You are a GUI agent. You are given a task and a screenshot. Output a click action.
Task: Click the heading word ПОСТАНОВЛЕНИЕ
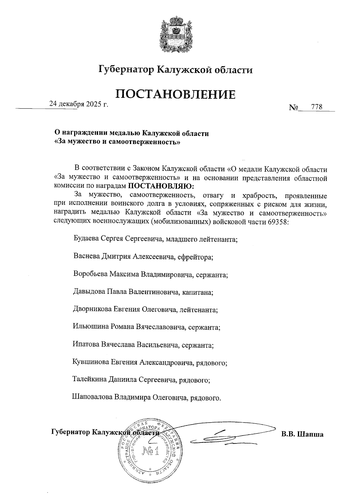point(175,94)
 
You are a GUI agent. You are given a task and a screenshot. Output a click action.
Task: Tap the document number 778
point(317,107)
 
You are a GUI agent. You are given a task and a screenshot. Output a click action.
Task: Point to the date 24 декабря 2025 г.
point(79,104)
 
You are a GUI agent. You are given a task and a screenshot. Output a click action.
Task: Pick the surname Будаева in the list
point(86,239)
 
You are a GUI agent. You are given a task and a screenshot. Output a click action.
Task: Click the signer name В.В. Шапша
point(302,434)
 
